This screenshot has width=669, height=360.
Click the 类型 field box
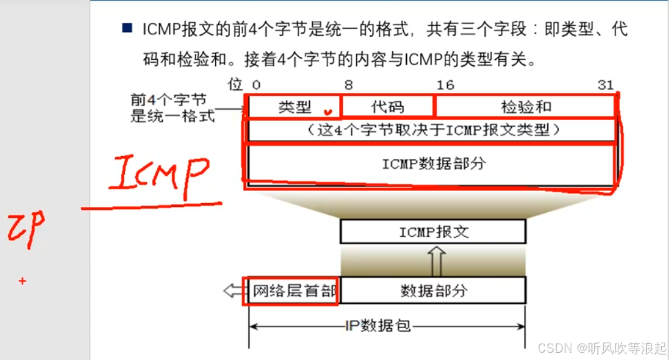point(295,107)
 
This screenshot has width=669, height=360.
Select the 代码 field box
point(388,107)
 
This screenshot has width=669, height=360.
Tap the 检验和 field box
point(525,107)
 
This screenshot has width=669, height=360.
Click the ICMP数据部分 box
point(433,163)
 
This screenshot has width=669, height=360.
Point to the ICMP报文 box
point(433,232)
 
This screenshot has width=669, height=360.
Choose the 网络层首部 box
point(291,291)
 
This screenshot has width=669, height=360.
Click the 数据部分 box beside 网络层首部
point(433,291)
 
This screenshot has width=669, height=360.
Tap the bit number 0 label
point(256,85)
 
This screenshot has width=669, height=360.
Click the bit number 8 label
point(348,85)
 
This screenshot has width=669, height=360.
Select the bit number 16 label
point(445,85)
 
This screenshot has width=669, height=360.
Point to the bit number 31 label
point(605,85)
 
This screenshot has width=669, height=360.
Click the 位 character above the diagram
point(234,84)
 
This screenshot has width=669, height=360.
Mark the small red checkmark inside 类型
point(328,110)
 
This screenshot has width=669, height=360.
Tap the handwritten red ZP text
point(25,231)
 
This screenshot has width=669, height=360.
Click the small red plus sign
point(22,280)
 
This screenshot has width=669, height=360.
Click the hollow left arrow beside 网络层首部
point(231,291)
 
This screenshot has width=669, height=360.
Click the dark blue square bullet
point(127,28)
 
